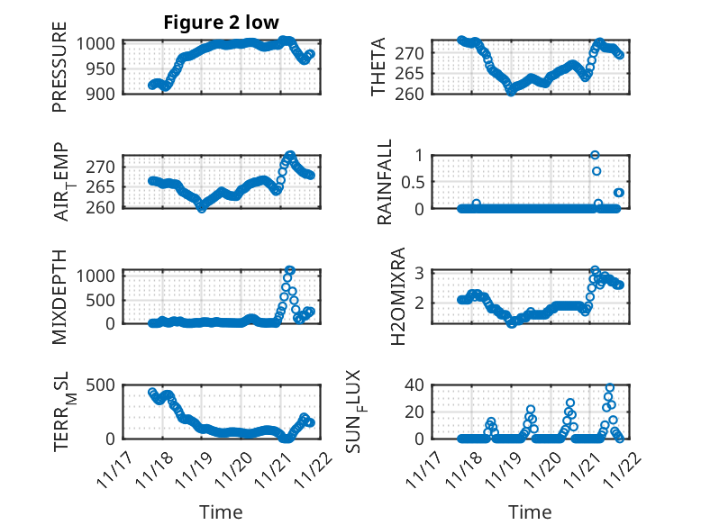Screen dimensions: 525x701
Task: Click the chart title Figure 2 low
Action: (222, 23)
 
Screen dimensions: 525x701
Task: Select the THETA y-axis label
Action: (378, 68)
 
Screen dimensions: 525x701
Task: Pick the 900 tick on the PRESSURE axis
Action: (105, 94)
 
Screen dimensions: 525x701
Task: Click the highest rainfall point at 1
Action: (595, 155)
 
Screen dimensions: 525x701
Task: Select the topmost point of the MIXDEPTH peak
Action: (289, 270)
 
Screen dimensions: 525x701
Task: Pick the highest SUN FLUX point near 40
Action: (610, 388)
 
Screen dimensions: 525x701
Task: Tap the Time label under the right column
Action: (530, 512)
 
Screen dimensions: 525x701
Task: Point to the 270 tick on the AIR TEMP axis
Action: (105, 167)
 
